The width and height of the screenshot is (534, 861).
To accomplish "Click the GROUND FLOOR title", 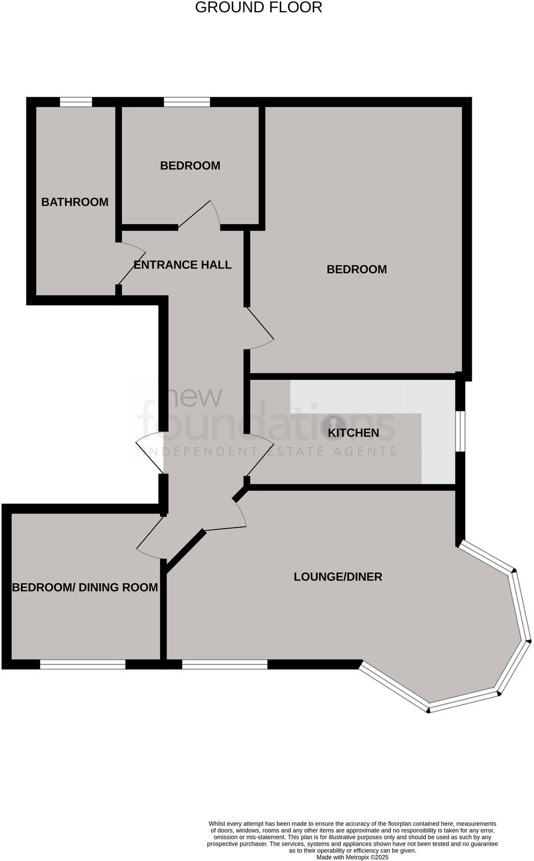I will click(x=258, y=8).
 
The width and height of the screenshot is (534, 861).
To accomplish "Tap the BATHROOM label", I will click(x=75, y=202).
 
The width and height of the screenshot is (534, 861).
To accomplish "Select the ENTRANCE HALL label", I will click(x=182, y=265).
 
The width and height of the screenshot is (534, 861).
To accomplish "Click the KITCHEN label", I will click(x=353, y=433).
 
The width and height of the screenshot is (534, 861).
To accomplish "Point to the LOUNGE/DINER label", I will click(x=338, y=577).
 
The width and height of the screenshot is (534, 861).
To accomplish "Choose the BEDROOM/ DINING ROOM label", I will click(x=85, y=587).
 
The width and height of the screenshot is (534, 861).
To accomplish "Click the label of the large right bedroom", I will click(x=357, y=269).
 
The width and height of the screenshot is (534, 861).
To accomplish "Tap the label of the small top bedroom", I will click(x=190, y=166).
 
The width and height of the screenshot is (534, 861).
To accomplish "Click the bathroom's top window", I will click(x=76, y=102).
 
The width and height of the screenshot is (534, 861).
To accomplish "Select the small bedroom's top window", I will click(x=187, y=102).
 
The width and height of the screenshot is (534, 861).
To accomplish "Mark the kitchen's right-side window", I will click(x=460, y=431).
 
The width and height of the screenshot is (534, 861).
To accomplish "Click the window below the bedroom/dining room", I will click(x=83, y=664).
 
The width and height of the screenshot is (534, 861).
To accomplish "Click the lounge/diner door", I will click(x=227, y=515).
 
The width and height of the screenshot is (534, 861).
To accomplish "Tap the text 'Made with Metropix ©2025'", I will click(x=352, y=857).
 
